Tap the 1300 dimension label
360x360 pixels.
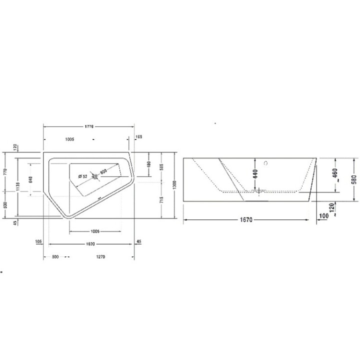click(x=174, y=185)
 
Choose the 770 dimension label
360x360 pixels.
click(x=4, y=170)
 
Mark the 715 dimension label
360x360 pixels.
click(x=161, y=199)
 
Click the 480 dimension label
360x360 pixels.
click(x=148, y=164)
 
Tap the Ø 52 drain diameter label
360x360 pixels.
click(x=82, y=176)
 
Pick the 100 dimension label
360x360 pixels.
click(x=324, y=215)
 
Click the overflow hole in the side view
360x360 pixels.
click(x=266, y=162)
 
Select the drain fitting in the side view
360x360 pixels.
click(x=258, y=191)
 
